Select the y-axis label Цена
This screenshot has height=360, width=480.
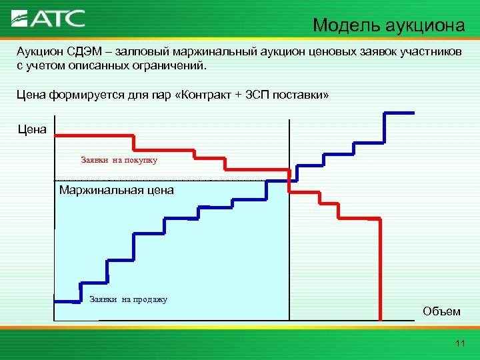click(32, 129)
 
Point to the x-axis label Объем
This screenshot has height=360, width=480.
click(441, 311)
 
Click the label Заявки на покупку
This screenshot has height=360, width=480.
click(119, 160)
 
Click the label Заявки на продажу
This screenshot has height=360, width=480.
click(128, 299)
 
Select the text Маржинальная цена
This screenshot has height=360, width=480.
click(116, 190)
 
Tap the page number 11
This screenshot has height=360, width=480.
click(459, 343)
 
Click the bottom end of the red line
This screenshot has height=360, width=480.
click(380, 319)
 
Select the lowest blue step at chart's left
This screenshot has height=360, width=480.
click(67, 300)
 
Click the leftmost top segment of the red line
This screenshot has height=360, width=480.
click(93, 136)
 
